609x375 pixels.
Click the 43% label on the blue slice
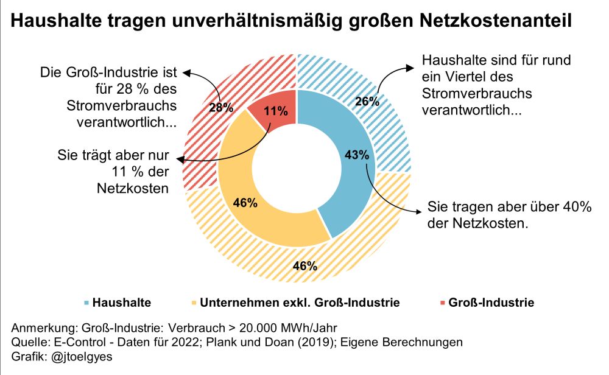point(357,155)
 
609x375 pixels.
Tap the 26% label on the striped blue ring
point(367,102)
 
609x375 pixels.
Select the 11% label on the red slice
point(276,111)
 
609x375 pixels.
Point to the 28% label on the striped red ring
point(222,108)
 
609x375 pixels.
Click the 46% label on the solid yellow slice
point(245,203)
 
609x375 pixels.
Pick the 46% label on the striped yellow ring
point(304,265)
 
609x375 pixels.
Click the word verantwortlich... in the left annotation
point(127,121)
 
